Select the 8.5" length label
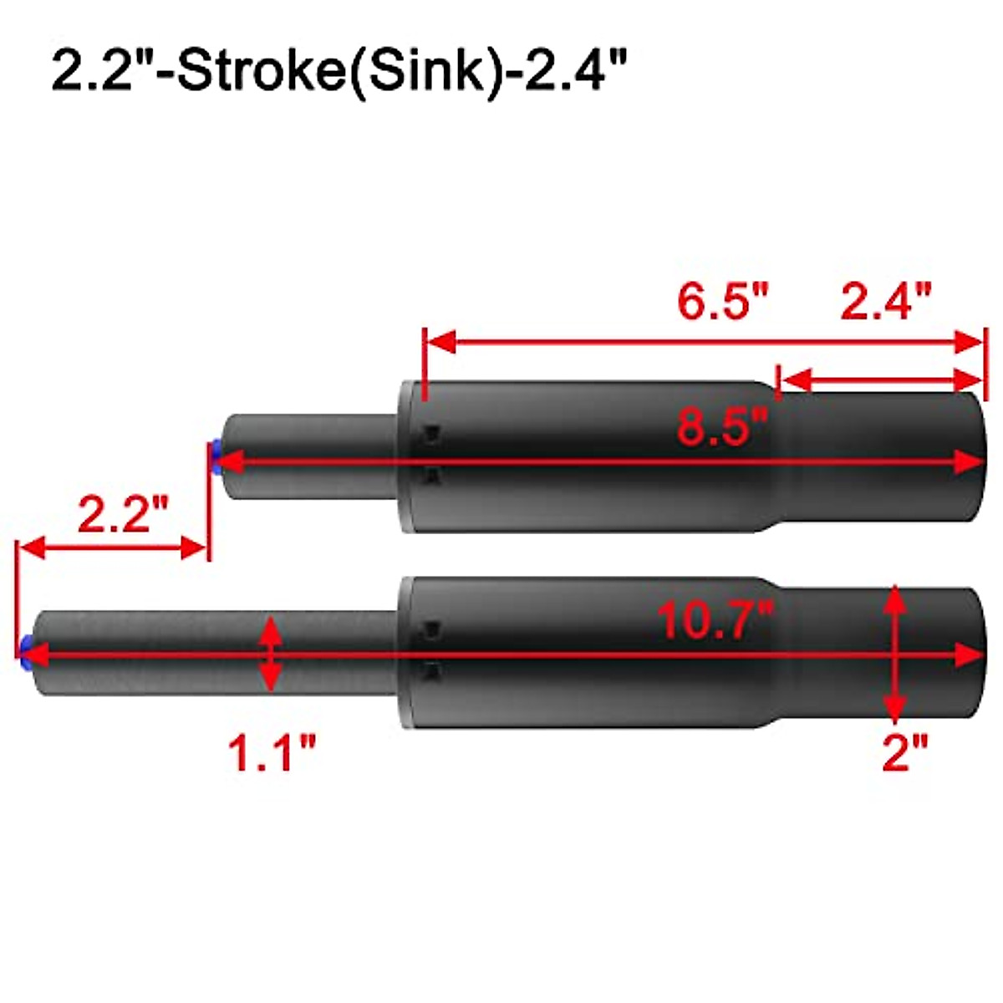(722, 428)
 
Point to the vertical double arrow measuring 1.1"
(270, 654)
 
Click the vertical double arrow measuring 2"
(895, 654)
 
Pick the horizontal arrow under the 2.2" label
(111, 549)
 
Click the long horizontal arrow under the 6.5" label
(702, 341)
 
